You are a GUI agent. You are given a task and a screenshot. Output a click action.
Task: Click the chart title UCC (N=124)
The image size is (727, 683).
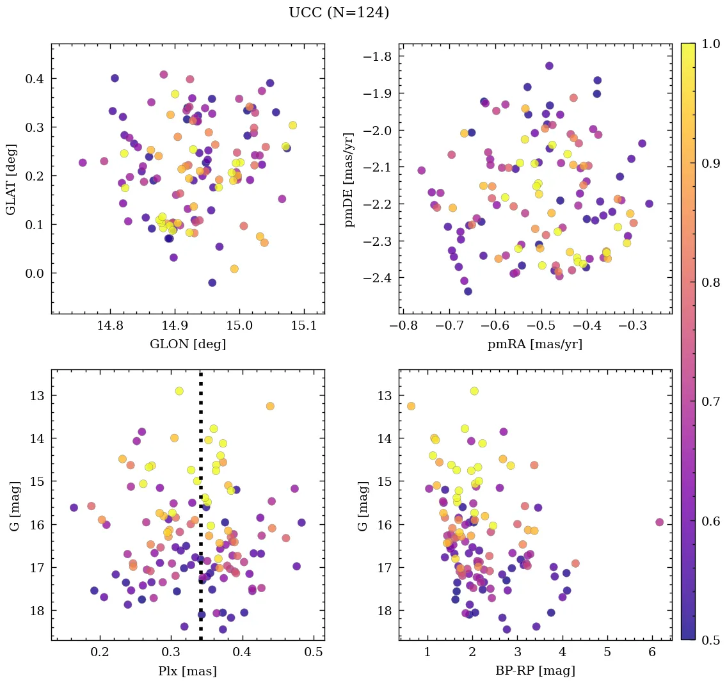pos(339,13)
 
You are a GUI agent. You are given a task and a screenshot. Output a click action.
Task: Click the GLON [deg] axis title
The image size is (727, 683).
pos(188,344)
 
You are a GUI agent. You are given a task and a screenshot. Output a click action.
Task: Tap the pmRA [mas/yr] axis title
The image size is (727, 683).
pos(535,344)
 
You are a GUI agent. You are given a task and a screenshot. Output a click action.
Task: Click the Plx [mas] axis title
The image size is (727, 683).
pos(188,671)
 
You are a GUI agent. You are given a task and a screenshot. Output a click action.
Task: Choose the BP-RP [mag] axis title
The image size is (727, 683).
pos(535,671)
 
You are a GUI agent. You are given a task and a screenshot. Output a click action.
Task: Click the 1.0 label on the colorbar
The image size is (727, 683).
pos(710,44)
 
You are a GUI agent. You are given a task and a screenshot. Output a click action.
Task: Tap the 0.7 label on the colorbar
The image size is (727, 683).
pos(710,401)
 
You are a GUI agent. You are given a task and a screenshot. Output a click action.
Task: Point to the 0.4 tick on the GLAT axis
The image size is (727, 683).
pos(35,79)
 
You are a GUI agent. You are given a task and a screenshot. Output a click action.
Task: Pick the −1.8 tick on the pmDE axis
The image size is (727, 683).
pos(377,56)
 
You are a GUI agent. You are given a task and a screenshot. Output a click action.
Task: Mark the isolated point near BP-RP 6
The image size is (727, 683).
pos(660,522)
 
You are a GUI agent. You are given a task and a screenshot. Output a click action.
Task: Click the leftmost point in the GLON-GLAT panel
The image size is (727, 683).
pos(83,163)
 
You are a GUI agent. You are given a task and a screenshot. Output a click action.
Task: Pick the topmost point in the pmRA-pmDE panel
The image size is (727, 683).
pos(549,66)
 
